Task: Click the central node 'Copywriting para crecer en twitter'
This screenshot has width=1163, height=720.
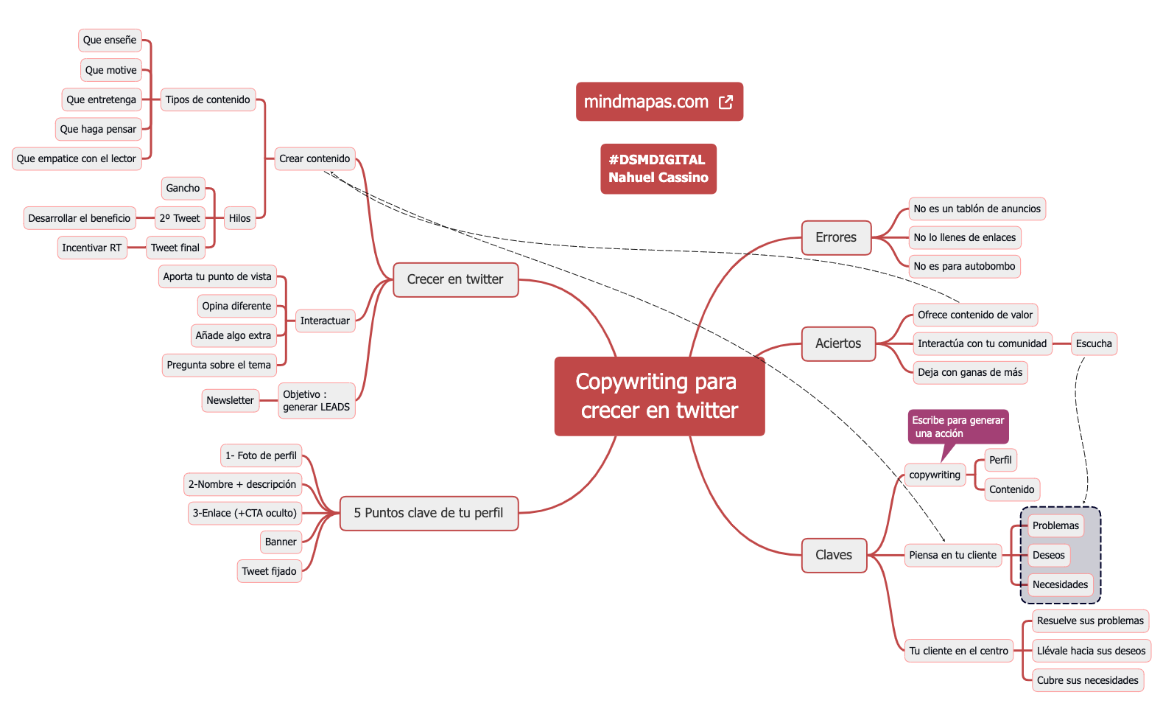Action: pos(659,396)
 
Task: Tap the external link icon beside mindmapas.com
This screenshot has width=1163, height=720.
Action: pos(725,102)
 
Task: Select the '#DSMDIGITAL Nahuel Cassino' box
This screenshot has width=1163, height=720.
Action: pos(658,169)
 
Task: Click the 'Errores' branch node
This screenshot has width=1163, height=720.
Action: pos(836,237)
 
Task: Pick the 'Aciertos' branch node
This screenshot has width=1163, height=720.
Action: pos(838,343)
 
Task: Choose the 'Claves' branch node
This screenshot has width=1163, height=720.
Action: pos(834,555)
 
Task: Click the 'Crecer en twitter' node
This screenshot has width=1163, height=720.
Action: pos(455,279)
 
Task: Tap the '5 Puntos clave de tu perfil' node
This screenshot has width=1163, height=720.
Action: pos(429,513)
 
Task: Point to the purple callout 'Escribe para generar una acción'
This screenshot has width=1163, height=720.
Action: pos(958,427)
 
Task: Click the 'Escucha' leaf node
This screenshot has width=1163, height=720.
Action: pos(1094,343)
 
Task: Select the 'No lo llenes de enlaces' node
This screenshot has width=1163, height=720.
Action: pos(964,237)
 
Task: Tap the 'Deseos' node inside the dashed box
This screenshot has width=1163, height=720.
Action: pos(1048,555)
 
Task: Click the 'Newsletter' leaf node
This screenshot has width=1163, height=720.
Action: pos(230,400)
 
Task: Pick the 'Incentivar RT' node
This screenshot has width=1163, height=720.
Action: pos(91,248)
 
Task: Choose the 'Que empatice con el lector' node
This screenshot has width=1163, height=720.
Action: pos(77,158)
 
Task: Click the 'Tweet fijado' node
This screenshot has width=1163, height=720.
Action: pos(269,571)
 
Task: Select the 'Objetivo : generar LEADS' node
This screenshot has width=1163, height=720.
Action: pos(316,400)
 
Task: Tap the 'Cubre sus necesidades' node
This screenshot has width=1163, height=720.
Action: pos(1087,680)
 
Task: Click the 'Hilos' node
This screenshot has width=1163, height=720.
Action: pos(239,218)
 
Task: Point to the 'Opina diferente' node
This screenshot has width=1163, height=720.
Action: pos(236,306)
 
